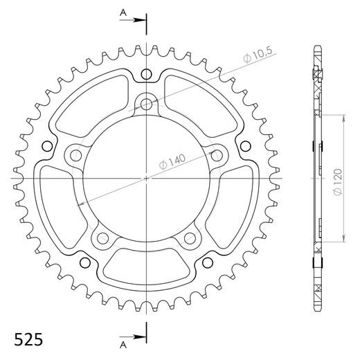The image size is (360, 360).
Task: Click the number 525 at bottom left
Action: (29, 340)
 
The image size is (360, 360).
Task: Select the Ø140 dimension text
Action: (173, 160)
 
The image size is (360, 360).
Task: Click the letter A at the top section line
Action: (123, 12)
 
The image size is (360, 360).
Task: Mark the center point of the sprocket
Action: (147, 178)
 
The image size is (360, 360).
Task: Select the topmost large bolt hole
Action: (147, 105)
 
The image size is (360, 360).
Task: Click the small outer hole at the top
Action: (147, 74)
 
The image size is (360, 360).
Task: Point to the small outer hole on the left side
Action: (48, 146)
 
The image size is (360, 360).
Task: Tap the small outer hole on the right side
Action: (245, 146)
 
